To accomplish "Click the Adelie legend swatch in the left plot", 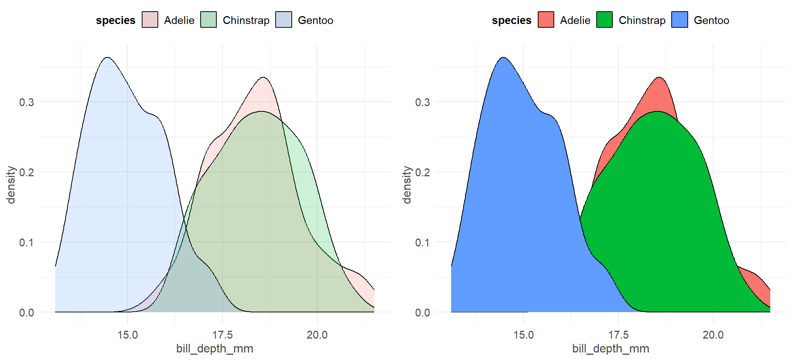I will tap(150, 20).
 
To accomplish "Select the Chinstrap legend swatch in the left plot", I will tap(208, 20).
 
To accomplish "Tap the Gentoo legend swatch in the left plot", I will tap(283, 20).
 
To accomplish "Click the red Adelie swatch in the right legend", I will tap(546, 20).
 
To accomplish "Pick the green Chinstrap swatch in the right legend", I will tap(604, 20).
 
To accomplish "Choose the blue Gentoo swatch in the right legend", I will tap(679, 20).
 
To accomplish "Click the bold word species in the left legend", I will tap(115, 20).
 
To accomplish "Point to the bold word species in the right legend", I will tap(511, 20).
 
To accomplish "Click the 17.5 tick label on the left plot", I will tap(222, 335).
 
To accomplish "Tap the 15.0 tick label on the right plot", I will tap(523, 335).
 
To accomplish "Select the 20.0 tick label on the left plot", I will tap(317, 335).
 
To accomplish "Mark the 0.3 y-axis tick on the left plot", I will tap(27, 102).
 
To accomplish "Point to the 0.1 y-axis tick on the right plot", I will tap(423, 242).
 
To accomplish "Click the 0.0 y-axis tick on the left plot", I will tap(27, 312).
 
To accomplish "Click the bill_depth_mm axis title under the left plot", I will tap(215, 349).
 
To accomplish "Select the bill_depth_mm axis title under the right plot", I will tap(610, 349).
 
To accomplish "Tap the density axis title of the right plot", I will tap(406, 185).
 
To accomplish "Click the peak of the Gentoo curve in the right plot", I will tap(503, 58).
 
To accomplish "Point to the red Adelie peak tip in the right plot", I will tap(659, 78).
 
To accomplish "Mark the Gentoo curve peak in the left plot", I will tap(108, 58).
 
